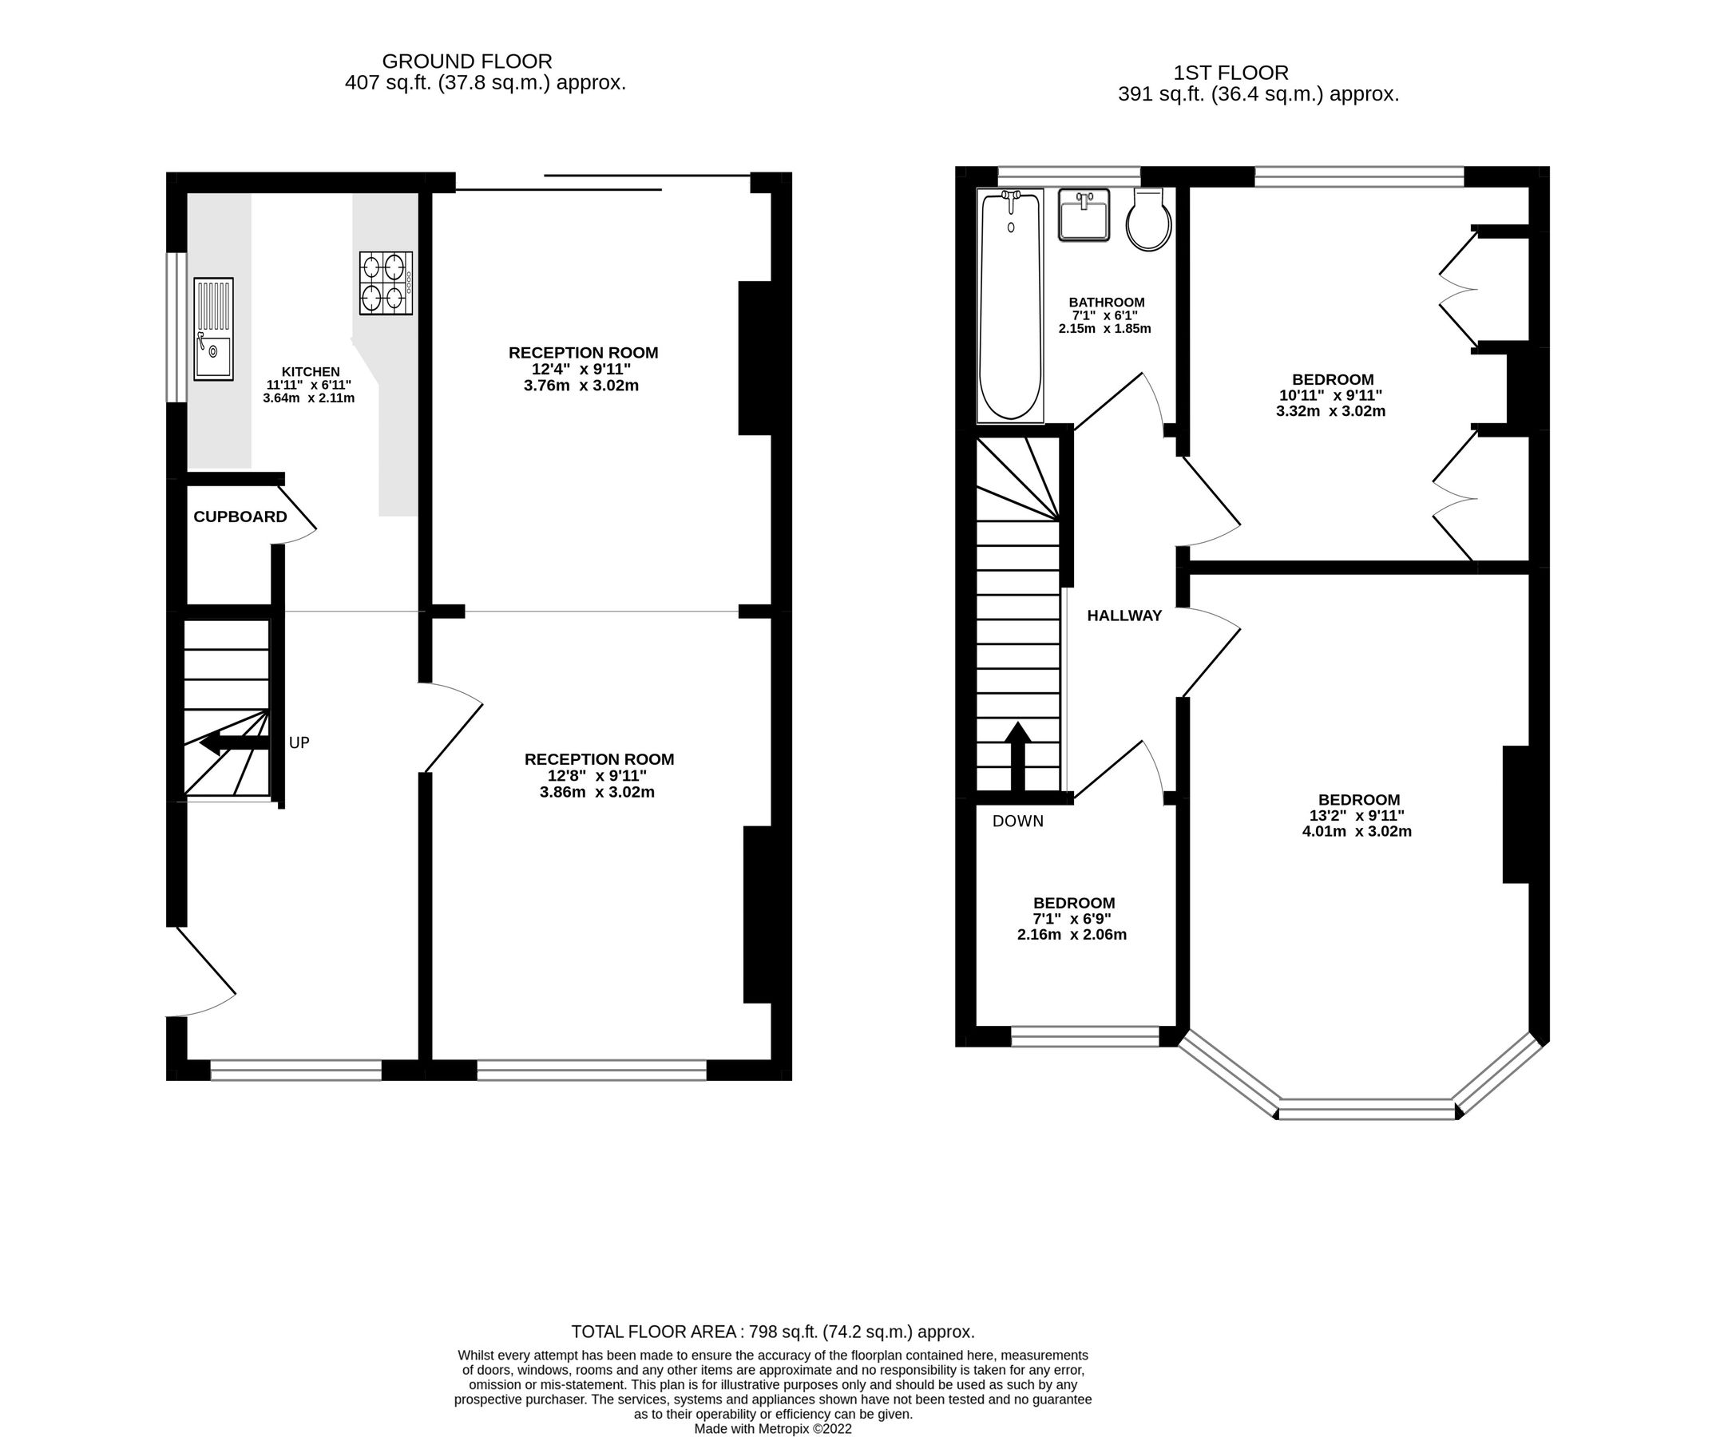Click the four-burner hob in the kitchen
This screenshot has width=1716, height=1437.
[x=386, y=283]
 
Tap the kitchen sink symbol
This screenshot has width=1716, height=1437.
[x=213, y=329]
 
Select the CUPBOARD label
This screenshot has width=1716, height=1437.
[x=240, y=517]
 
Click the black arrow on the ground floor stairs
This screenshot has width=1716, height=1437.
[x=234, y=742]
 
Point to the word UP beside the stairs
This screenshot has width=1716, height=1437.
[x=299, y=742]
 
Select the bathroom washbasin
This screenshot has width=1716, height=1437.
[x=1084, y=215]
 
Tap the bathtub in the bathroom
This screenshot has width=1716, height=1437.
[x=1010, y=307]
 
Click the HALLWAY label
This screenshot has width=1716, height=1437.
[x=1124, y=616]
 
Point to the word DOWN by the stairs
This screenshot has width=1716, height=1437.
[x=1017, y=821]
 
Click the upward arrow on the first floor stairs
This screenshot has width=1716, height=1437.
[x=1017, y=756]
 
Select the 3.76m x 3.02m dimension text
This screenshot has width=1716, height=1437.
[x=581, y=385]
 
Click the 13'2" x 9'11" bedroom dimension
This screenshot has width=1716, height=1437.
[x=1357, y=815]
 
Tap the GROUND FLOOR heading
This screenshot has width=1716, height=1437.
[x=466, y=61]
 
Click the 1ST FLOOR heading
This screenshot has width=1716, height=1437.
[x=1231, y=73]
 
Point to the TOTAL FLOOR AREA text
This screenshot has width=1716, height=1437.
[x=772, y=1332]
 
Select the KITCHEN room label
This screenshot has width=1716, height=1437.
[x=311, y=372]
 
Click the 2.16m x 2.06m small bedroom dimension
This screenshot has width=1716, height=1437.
[x=1072, y=935]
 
